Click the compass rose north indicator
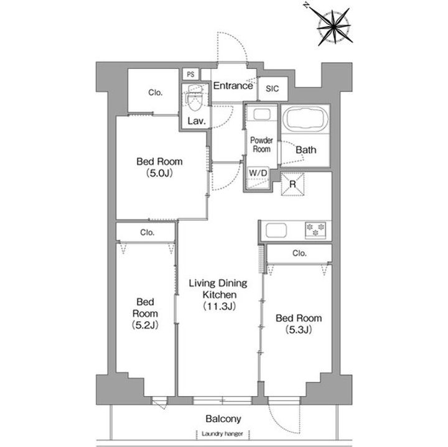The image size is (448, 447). coord(306,5)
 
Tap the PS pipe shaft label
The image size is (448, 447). coord(190,75)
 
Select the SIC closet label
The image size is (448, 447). coord(272,89)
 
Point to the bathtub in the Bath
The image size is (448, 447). coord(306,119)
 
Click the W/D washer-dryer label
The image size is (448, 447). coord(258,173)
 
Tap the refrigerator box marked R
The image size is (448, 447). coord(292,184)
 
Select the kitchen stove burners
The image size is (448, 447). coord(315,230)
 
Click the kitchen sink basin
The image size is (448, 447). coord(276,230)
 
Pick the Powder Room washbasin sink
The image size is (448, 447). coord(262,115)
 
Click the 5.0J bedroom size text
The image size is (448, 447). coord(159,173)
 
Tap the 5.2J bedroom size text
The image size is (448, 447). coord(145,325)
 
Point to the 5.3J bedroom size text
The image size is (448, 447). coord(299,330)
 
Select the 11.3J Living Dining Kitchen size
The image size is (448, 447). coord(219,306)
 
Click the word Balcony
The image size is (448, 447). coord(223,419)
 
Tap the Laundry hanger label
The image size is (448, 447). coord(222,434)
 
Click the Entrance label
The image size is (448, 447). coord(233,86)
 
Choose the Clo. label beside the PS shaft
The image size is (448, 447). coord(156,93)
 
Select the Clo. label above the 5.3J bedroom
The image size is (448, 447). coord(299,253)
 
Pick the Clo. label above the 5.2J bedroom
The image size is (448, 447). coord(147,233)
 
